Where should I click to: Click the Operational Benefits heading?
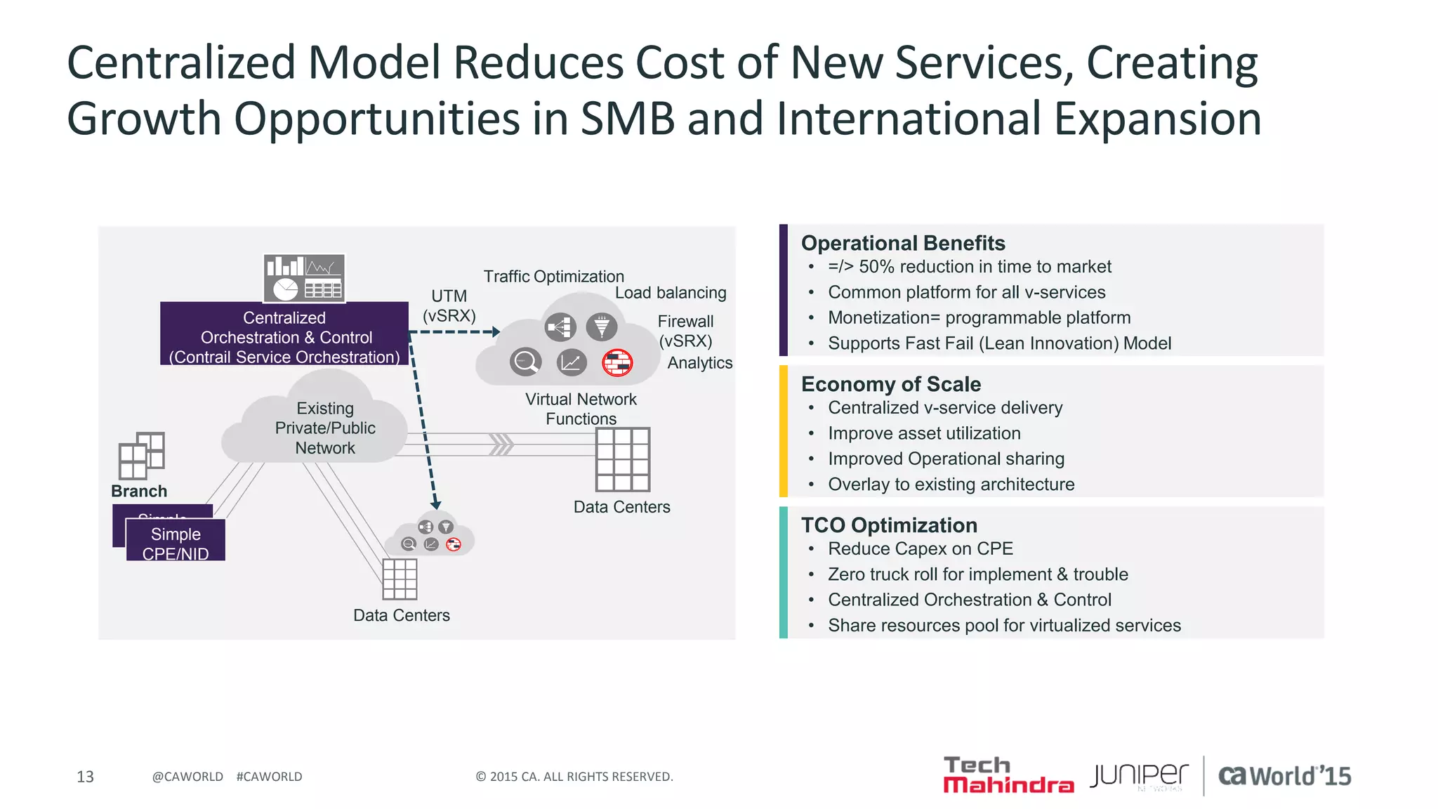pyautogui.click(x=903, y=243)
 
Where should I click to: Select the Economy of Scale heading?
pyautogui.click(x=891, y=384)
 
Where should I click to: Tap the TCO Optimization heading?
pyautogui.click(x=889, y=525)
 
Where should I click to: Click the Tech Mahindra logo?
pyautogui.click(x=1008, y=775)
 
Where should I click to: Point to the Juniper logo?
pyautogui.click(x=1139, y=776)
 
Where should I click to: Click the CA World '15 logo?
pyautogui.click(x=1284, y=776)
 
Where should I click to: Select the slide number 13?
pyautogui.click(x=85, y=777)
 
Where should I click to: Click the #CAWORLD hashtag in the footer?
pyautogui.click(x=269, y=777)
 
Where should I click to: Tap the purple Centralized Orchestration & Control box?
pyautogui.click(x=284, y=334)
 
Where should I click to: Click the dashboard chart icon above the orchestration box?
pyautogui.click(x=304, y=278)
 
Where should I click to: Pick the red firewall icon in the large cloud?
pyautogui.click(x=617, y=362)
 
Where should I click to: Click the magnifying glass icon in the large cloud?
pyautogui.click(x=525, y=362)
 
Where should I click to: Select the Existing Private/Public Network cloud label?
pyautogui.click(x=325, y=428)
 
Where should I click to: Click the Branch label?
pyautogui.click(x=139, y=491)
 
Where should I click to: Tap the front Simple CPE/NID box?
pyautogui.click(x=176, y=541)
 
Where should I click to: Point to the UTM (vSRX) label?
pyautogui.click(x=449, y=305)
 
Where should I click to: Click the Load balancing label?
pyautogui.click(x=671, y=293)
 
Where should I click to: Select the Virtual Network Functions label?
pyautogui.click(x=581, y=409)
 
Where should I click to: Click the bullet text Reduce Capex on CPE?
pyautogui.click(x=921, y=548)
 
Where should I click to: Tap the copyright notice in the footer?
pyautogui.click(x=574, y=777)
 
